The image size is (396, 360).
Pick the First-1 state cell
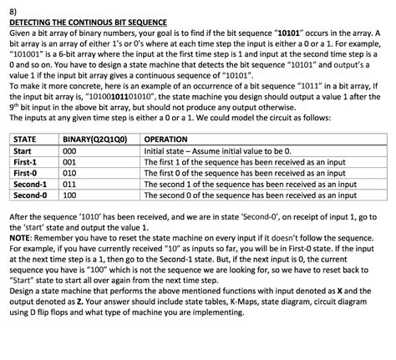27,162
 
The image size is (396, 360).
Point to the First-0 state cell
27,173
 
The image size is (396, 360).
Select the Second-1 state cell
31,184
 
